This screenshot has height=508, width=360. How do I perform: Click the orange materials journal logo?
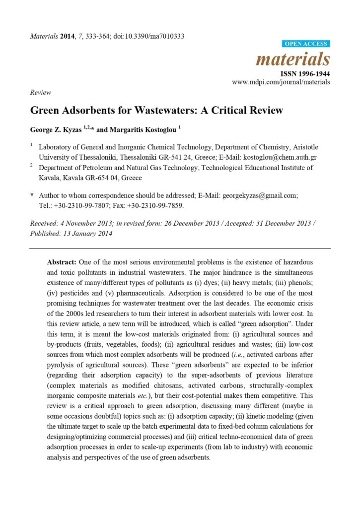pyautogui.click(x=292, y=60)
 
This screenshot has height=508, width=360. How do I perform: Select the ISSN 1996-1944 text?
pyautogui.click(x=305, y=74)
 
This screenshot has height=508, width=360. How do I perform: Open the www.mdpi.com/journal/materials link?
pyautogui.click(x=281, y=82)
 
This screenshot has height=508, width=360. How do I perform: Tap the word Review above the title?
pyautogui.click(x=40, y=92)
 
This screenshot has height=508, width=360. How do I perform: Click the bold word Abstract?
pyautogui.click(x=62, y=261)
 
